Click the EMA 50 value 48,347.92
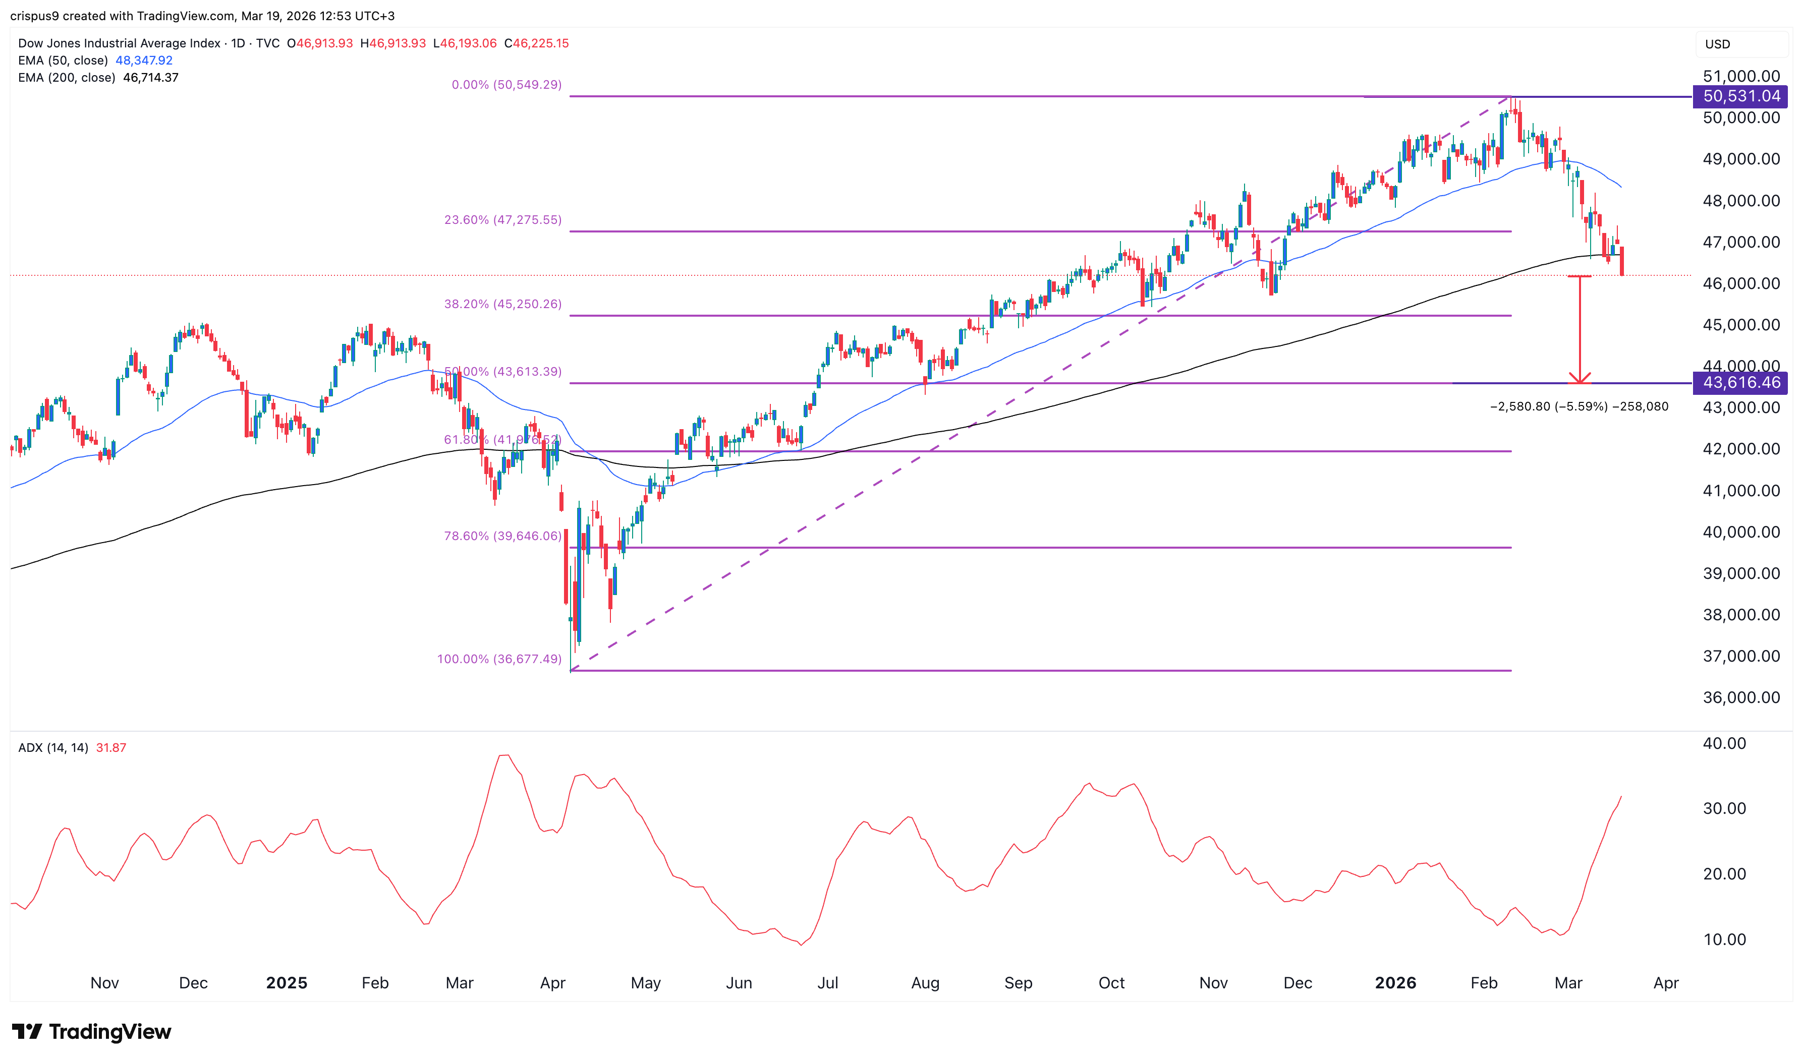144,60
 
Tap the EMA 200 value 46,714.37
150,77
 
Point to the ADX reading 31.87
111,748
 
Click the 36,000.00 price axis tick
1741,698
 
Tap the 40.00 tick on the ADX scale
1724,743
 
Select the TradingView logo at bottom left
92,1031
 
